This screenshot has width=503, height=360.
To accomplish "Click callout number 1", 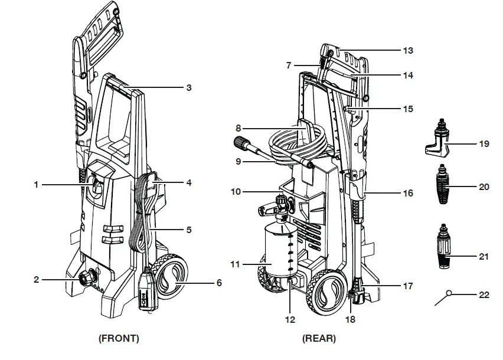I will click(36, 185).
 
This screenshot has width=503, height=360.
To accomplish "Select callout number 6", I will click(219, 283).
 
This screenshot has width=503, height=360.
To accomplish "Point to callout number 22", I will click(484, 295).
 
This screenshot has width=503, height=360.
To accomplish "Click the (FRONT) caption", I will click(119, 339).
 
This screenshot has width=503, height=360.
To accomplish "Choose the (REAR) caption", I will click(319, 339).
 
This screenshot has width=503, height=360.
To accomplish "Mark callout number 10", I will click(236, 192).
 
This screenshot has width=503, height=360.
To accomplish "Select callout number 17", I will click(407, 286).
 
